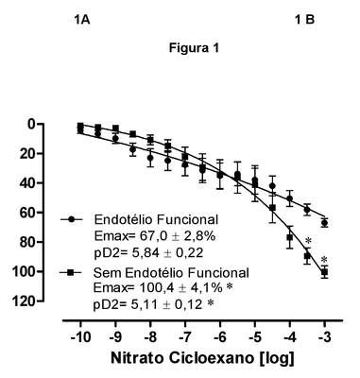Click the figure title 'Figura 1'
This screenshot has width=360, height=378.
194,48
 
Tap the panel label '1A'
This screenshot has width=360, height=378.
82,20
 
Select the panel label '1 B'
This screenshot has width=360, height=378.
304,20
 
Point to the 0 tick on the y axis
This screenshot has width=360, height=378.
32,124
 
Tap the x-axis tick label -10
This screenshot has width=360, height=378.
80,338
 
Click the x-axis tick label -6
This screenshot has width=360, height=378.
220,338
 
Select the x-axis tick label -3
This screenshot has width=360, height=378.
324,338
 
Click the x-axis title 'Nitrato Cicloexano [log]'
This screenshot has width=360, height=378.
202,359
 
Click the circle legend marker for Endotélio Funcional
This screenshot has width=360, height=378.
71,219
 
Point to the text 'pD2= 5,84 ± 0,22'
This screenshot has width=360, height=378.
148,252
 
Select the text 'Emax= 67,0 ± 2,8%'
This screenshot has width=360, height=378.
155,236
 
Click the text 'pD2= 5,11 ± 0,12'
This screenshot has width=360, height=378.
148,304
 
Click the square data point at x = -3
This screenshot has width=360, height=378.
324,272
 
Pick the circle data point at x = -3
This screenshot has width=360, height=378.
324,223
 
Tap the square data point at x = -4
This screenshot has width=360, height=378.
290,237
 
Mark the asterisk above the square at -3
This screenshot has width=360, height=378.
324,260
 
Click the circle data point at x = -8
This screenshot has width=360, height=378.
150,158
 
